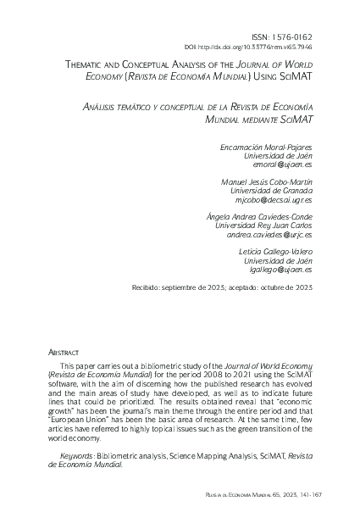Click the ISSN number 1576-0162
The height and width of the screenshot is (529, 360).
[x=290, y=37]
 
